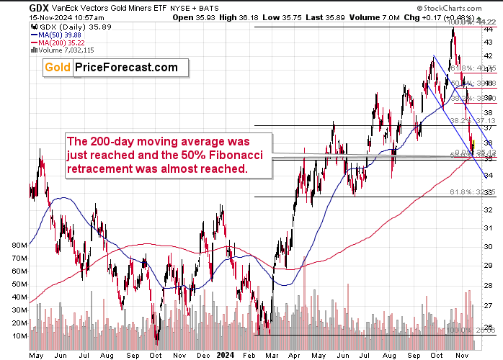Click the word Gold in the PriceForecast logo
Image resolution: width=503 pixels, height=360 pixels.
pyautogui.click(x=58, y=68)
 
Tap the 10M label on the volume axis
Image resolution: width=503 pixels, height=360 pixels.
pyautogui.click(x=19, y=336)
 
